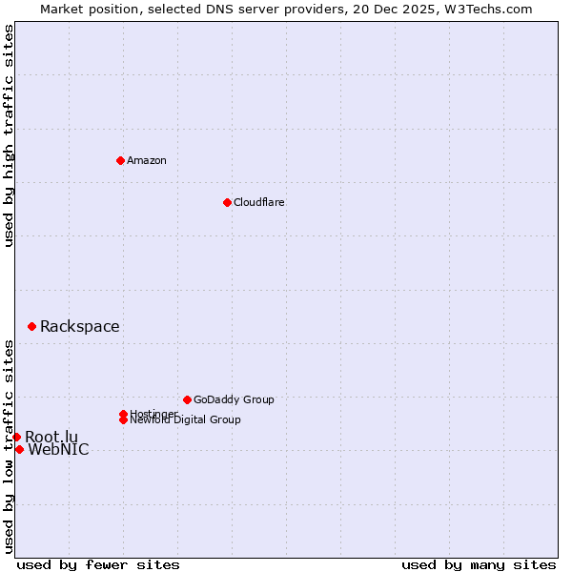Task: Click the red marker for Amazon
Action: click(x=120, y=160)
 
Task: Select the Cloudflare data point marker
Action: click(x=227, y=202)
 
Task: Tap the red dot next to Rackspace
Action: click(x=31, y=326)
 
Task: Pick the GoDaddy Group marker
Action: click(x=187, y=399)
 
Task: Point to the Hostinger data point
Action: click(x=123, y=414)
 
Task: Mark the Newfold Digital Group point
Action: click(x=124, y=419)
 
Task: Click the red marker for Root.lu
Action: click(x=16, y=437)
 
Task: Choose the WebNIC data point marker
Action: click(x=19, y=449)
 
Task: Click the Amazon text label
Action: click(x=147, y=160)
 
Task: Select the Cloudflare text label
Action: click(x=258, y=202)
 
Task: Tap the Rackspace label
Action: click(x=79, y=327)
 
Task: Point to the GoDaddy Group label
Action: click(x=234, y=400)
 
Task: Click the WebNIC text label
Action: click(x=58, y=450)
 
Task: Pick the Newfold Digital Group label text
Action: click(x=185, y=420)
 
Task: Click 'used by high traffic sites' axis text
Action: click(x=9, y=135)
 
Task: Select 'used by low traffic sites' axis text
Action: click(x=9, y=446)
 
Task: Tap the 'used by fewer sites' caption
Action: click(x=98, y=564)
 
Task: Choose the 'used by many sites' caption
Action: click(x=479, y=564)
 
